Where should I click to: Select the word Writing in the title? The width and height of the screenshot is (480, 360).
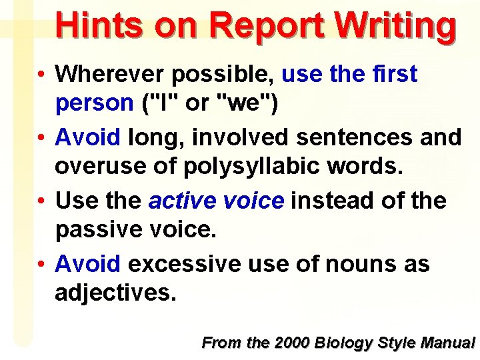(x=396, y=27)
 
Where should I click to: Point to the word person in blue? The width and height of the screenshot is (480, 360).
(x=94, y=103)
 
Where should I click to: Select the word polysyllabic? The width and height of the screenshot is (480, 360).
(x=270, y=167)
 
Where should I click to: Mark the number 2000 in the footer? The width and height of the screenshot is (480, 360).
(x=293, y=343)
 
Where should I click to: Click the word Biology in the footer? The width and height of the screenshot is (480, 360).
(x=345, y=343)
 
